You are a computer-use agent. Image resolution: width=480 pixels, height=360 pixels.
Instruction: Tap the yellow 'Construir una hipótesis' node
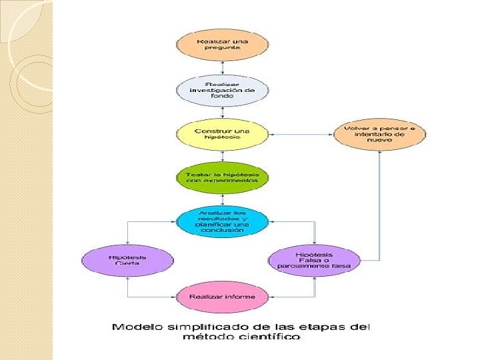222,134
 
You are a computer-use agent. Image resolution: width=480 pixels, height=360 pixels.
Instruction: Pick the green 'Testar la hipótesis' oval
222,177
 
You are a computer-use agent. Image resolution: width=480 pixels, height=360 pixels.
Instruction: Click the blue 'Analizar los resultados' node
222,221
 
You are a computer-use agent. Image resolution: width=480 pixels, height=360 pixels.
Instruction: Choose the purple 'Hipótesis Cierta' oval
127,259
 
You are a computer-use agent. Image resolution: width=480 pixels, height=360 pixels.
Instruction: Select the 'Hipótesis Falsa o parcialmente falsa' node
314,259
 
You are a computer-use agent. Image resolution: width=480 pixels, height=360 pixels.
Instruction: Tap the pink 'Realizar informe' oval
222,297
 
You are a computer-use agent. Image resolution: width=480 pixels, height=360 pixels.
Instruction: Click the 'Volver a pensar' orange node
379,133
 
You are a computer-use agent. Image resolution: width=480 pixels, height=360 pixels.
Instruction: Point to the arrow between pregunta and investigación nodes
222,67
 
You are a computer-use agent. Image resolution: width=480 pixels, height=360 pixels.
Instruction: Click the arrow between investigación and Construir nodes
222,112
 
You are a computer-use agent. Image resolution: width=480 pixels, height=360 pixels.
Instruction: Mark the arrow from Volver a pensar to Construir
300,134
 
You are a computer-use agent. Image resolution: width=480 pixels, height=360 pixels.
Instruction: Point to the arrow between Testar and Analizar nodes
222,199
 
